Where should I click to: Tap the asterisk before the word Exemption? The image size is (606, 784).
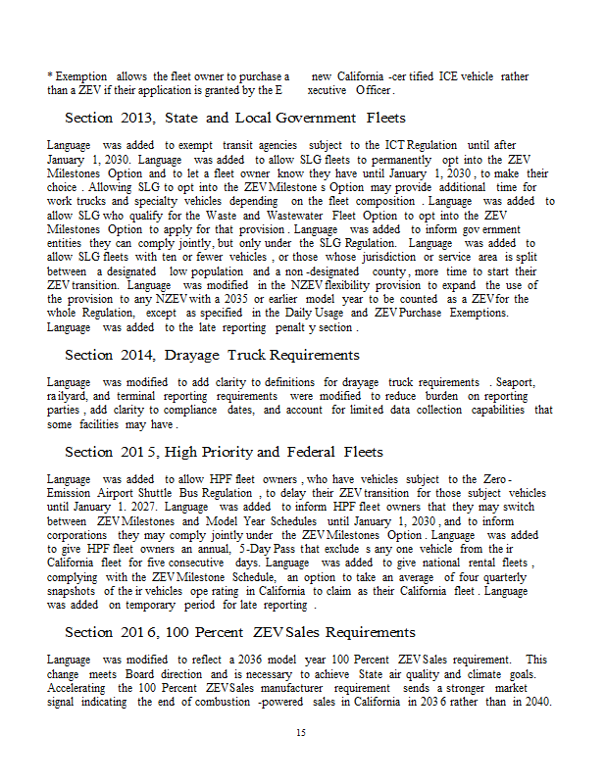49,75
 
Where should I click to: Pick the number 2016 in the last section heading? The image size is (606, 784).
146,632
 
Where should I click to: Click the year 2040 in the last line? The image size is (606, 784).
533,702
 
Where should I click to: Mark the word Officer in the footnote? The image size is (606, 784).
375,90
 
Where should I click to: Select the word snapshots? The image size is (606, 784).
74,592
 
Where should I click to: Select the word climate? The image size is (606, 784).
496,673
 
